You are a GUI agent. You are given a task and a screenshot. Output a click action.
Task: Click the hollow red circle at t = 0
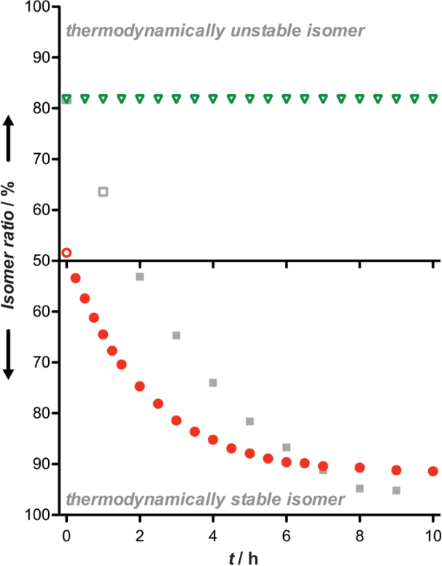click(x=66, y=252)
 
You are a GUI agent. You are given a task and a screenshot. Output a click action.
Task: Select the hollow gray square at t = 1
click(x=103, y=192)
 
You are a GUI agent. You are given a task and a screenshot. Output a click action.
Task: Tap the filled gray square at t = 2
click(x=139, y=276)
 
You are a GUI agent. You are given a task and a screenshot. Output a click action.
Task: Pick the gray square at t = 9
click(x=396, y=490)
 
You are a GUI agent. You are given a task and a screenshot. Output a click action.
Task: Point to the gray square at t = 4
click(x=213, y=382)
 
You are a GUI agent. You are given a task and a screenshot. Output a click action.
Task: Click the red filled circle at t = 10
click(x=433, y=471)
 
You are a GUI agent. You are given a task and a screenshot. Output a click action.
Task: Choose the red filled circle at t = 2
click(x=139, y=386)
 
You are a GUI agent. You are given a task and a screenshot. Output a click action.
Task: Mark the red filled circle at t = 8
click(x=360, y=468)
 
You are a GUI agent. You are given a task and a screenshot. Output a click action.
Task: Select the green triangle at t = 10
click(x=433, y=98)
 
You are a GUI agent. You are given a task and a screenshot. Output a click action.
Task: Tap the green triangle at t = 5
click(x=249, y=98)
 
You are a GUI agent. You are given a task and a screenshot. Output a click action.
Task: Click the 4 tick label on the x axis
click(x=213, y=533)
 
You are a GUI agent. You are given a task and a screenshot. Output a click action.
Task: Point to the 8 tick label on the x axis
click(x=360, y=533)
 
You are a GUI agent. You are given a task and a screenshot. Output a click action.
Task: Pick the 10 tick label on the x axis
click(x=432, y=533)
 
